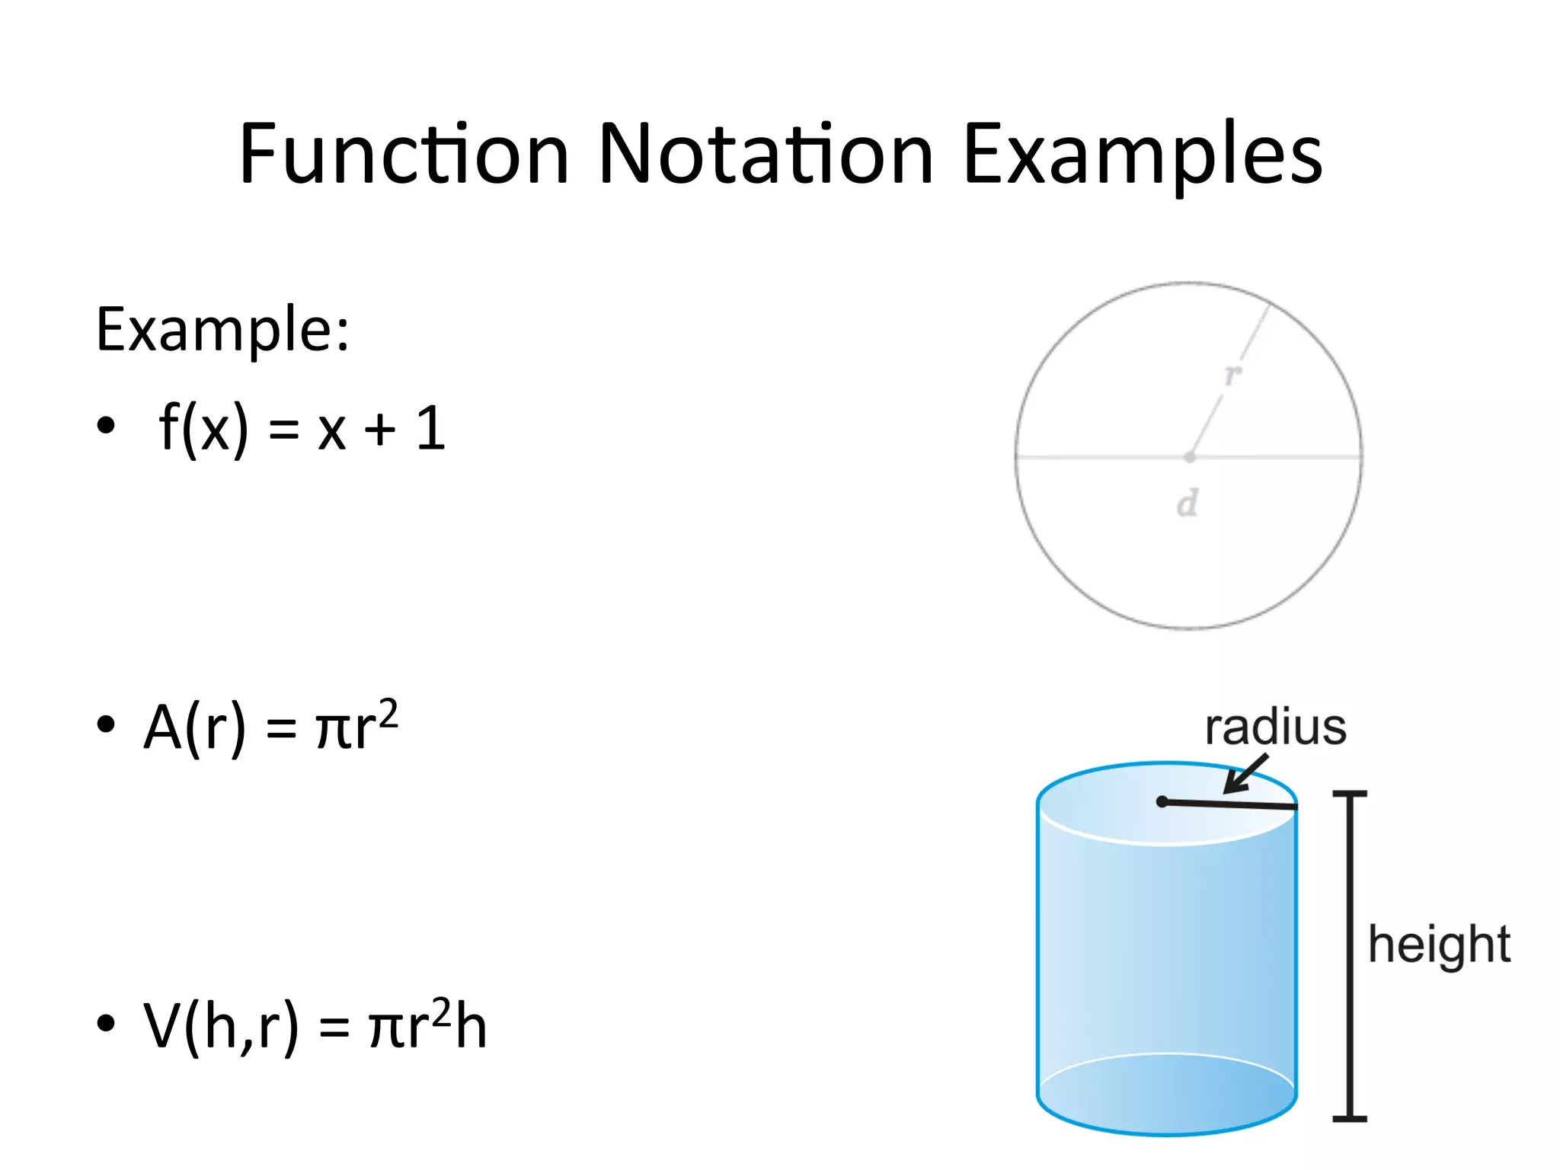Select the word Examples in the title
click(x=1142, y=156)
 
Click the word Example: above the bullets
click(x=222, y=329)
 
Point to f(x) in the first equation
click(x=203, y=428)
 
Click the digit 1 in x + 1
click(x=431, y=428)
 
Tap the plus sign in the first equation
click(x=379, y=430)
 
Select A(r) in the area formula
click(x=195, y=727)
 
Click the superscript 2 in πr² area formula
click(x=388, y=713)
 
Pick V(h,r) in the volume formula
click(x=221, y=1027)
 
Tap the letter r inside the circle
click(x=1232, y=374)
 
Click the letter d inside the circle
click(x=1187, y=503)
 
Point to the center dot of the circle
click(x=1190, y=457)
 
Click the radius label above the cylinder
click(x=1275, y=727)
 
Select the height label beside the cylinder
click(x=1439, y=945)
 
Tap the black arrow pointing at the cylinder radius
click(x=1245, y=775)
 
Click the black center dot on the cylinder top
click(x=1162, y=801)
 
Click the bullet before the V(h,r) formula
click(x=106, y=1023)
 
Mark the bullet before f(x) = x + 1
click(x=106, y=425)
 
